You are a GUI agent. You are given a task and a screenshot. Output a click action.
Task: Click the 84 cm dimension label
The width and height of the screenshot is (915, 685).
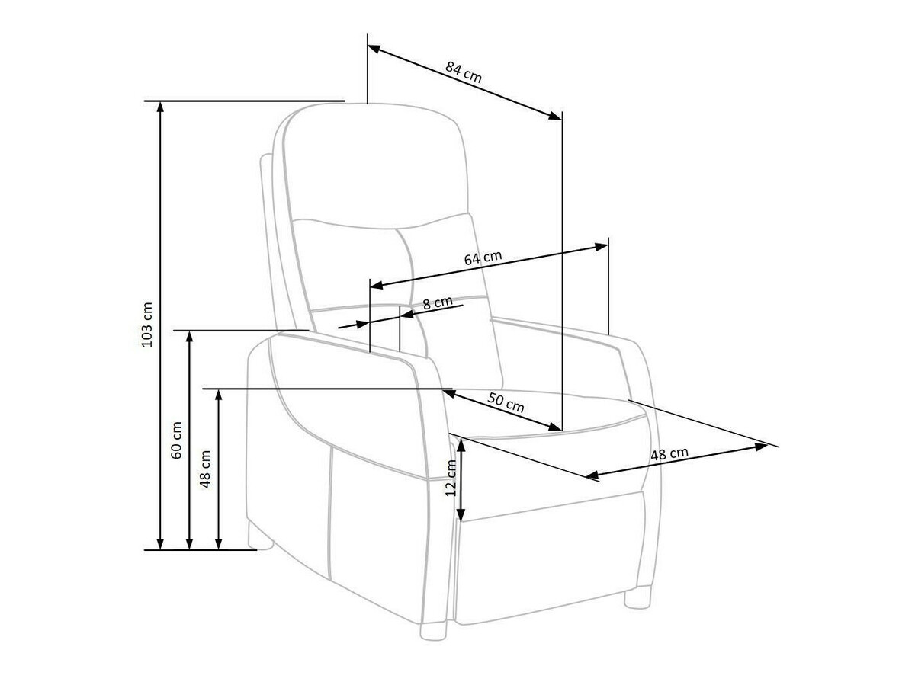coord(464,72)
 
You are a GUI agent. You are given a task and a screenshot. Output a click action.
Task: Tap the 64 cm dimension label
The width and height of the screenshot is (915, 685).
coord(483,258)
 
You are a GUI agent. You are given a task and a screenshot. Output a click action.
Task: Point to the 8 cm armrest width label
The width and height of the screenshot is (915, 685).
coord(438,302)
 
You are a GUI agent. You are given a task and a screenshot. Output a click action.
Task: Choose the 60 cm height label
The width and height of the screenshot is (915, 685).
coord(177,440)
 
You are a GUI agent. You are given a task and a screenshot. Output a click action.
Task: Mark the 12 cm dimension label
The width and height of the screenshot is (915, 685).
coord(451,479)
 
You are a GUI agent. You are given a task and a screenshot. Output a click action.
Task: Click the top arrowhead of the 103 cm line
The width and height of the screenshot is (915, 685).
coord(160,106)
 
